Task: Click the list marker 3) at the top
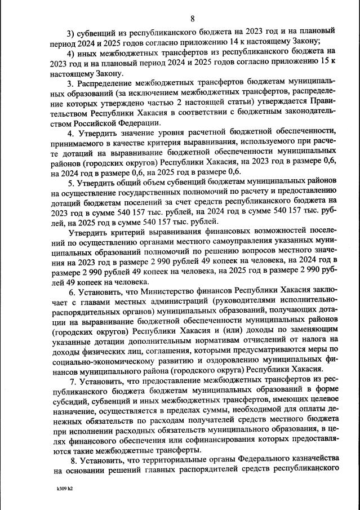pyautogui.click(x=72, y=30)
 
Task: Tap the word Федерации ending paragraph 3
pyautogui.click(x=140, y=122)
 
